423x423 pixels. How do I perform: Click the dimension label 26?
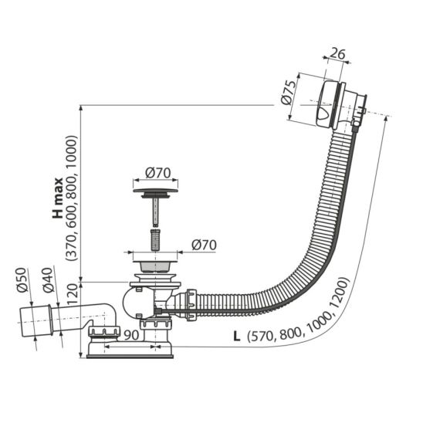coord(337,54)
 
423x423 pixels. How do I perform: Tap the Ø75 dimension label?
coord(288,93)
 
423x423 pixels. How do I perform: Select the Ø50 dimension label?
coord(22,279)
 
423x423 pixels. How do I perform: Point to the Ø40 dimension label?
coord(48,280)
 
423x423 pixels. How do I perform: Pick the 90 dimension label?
coord(131,335)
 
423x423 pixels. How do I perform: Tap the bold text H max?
coord(58,198)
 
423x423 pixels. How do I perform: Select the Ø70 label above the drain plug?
coord(157,173)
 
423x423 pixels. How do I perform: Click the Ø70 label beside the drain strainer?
coord(204,245)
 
